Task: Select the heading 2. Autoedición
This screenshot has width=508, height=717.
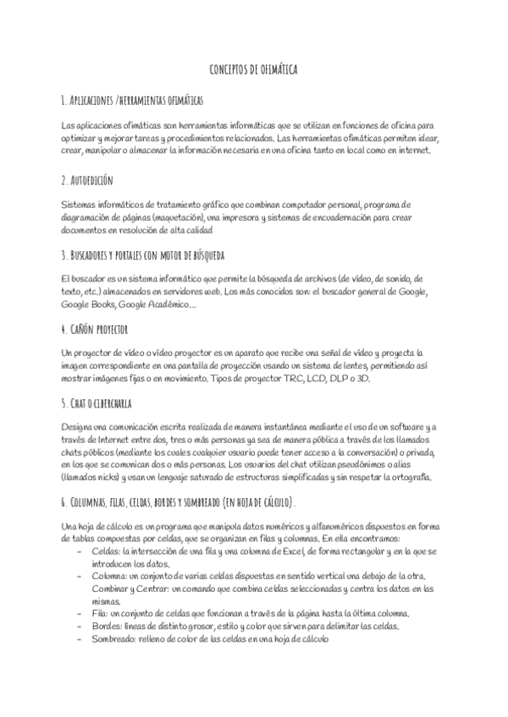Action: coord(87,180)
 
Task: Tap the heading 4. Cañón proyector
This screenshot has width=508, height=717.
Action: coord(95,328)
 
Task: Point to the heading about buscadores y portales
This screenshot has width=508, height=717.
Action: coord(143,255)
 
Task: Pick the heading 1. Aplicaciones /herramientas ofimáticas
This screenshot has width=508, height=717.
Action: coord(132,100)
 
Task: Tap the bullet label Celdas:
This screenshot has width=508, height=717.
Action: coord(106,551)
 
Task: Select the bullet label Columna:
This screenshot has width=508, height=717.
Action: coord(111,576)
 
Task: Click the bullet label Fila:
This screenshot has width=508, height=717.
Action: coord(100,613)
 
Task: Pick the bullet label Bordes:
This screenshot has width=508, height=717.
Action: coord(106,626)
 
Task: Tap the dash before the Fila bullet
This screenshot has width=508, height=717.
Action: coord(79,613)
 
